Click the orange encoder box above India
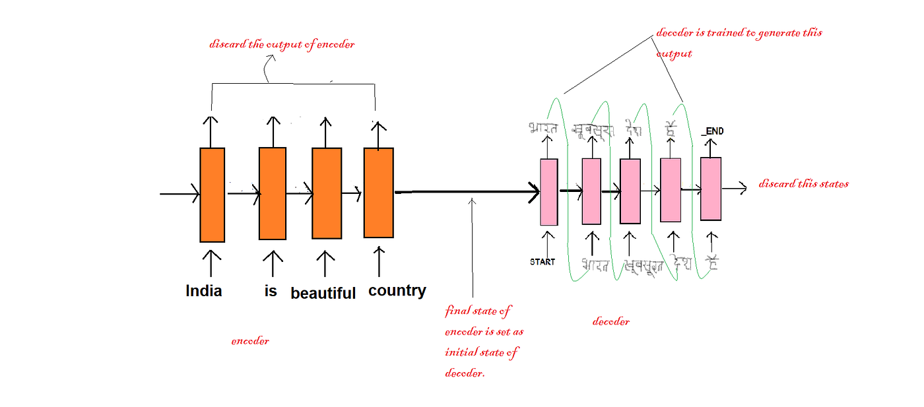(212, 195)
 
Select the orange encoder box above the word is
(272, 193)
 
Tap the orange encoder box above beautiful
(326, 193)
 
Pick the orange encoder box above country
(378, 192)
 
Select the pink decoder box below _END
(711, 188)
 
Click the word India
(204, 291)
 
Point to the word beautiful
(323, 293)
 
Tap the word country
(397, 290)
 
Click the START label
(543, 262)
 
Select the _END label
(713, 131)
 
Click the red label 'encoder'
(250, 341)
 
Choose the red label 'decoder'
(610, 321)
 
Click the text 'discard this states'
(803, 183)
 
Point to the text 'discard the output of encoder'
(282, 45)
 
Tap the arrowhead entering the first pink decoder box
(533, 193)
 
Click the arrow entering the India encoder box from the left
(180, 194)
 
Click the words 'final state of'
(478, 310)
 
